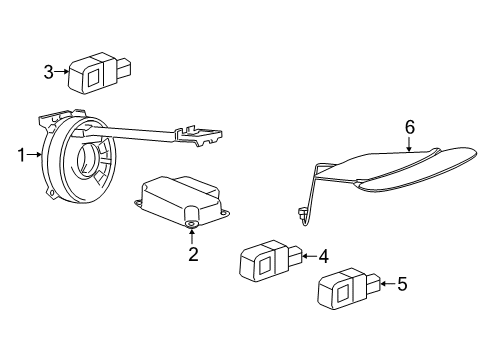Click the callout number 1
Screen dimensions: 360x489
click(19, 155)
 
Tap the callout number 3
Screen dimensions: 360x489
click(47, 71)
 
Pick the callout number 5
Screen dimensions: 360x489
click(402, 284)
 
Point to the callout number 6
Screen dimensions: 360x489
click(409, 127)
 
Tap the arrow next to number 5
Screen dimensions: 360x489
click(386, 284)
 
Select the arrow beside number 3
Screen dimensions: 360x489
click(61, 71)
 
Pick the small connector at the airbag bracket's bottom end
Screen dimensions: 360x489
click(301, 212)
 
